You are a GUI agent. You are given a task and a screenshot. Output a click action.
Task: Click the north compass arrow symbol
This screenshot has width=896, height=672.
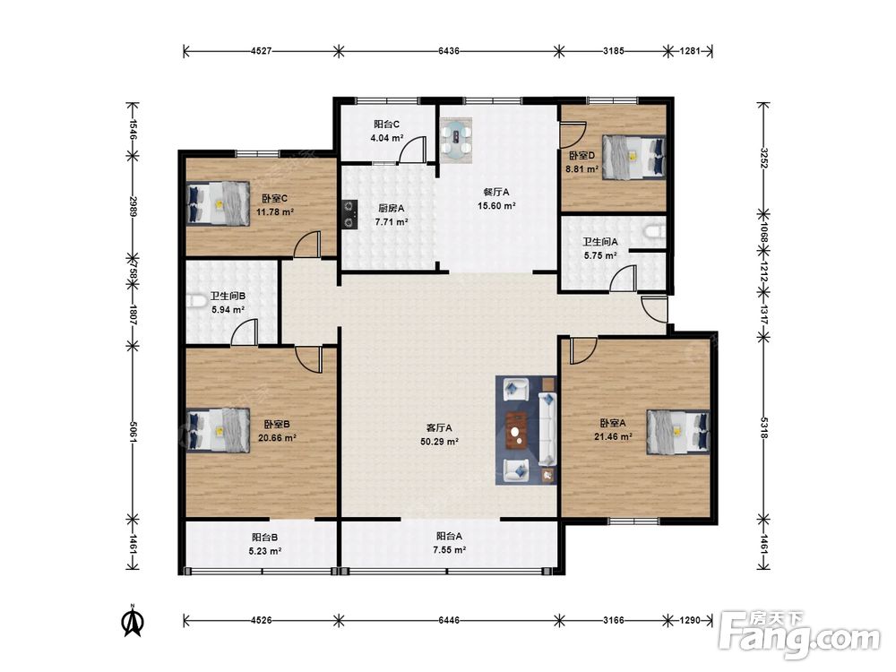coord(134,621)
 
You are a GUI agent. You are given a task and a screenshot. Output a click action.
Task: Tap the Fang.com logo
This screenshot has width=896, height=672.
coord(799,635)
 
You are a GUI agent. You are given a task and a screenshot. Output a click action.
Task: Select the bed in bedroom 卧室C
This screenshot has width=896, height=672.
coord(219,203)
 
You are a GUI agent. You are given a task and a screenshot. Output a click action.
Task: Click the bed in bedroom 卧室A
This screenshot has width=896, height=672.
coord(678,432)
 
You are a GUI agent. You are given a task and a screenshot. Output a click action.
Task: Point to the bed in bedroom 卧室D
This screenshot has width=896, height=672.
coord(634,157)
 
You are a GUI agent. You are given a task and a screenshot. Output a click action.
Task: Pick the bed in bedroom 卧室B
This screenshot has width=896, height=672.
coord(219,430)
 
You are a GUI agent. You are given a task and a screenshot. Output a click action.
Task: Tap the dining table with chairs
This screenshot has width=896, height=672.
coord(456,138)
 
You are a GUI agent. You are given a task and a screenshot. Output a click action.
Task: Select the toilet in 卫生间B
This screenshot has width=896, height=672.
coord(197,300)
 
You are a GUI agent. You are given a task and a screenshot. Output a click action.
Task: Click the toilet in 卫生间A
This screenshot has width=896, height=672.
coord(655,231)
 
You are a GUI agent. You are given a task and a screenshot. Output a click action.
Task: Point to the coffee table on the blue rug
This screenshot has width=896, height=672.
coord(518,427)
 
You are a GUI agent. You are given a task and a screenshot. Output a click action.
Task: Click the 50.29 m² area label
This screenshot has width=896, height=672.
coord(439,442)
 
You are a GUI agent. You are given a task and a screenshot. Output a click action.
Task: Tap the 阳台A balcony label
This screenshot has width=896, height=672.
coord(449,537)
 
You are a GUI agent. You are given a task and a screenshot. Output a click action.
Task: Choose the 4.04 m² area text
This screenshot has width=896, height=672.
coord(387,138)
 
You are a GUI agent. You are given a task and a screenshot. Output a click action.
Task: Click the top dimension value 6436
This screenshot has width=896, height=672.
coord(449,51)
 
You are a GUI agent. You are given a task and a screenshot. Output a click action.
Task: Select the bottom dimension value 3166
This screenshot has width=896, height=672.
coord(614,620)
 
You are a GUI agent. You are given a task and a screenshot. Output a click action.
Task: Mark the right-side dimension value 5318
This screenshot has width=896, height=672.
coord(763,426)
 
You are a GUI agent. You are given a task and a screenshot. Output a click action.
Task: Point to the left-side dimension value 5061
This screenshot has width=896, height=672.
coord(133,433)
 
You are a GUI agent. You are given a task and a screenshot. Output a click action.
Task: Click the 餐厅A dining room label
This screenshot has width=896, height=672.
coord(496,192)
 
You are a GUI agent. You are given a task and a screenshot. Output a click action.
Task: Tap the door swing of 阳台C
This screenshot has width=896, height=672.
coord(412,150)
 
